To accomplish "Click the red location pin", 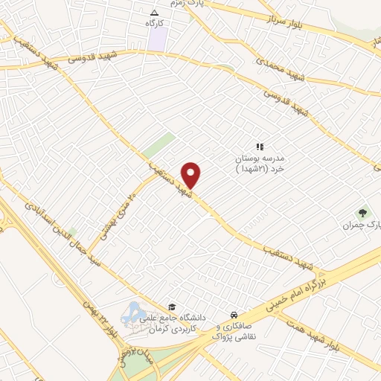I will tap(192, 174).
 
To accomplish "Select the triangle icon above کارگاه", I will tap(155, 13).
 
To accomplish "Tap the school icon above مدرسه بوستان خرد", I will tap(260, 147).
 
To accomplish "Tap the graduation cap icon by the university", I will tap(172, 306).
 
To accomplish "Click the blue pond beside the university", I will tap(135, 313).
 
